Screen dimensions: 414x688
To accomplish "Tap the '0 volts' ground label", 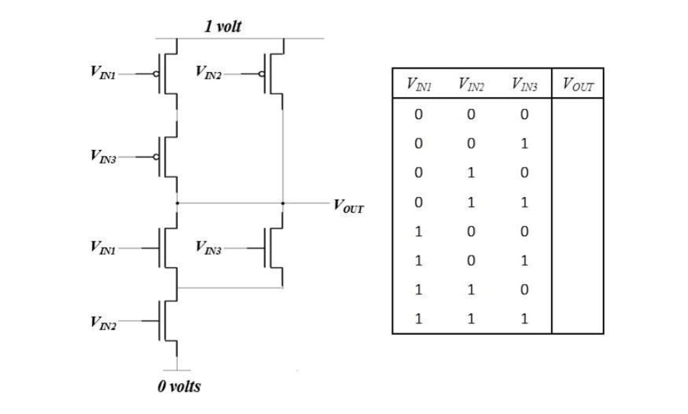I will point(179,387).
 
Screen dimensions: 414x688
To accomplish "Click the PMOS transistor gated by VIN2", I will point(271,73).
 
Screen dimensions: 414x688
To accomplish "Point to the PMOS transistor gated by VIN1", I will point(164,73).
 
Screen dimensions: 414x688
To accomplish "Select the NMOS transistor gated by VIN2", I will point(166,320).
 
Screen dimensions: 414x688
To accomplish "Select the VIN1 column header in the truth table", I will point(418,86).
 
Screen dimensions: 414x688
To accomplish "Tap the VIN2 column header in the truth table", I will point(471,86).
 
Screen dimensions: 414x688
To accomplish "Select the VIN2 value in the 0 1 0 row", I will point(471,173).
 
